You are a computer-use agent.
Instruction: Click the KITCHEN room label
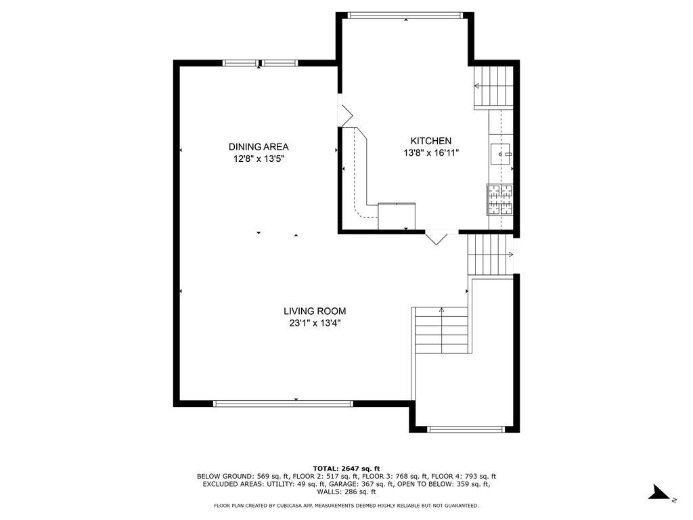(430, 141)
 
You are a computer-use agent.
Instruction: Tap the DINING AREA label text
(259, 147)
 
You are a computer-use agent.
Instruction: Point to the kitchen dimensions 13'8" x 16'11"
(431, 153)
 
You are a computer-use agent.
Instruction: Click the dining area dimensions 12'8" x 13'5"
(259, 159)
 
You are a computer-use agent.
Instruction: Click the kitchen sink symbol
(501, 155)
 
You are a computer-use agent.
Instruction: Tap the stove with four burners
(500, 199)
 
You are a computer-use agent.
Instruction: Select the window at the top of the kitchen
(405, 15)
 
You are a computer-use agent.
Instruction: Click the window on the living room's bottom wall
(283, 404)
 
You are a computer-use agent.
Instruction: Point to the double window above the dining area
(260, 64)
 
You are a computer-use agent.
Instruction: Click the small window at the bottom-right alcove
(466, 429)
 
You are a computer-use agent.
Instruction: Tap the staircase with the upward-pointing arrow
(441, 330)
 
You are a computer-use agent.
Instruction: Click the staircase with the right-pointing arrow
(487, 255)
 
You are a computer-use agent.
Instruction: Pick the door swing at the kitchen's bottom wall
(437, 237)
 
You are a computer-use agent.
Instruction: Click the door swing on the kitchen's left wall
(344, 114)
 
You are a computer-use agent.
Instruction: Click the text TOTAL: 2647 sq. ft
(346, 469)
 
